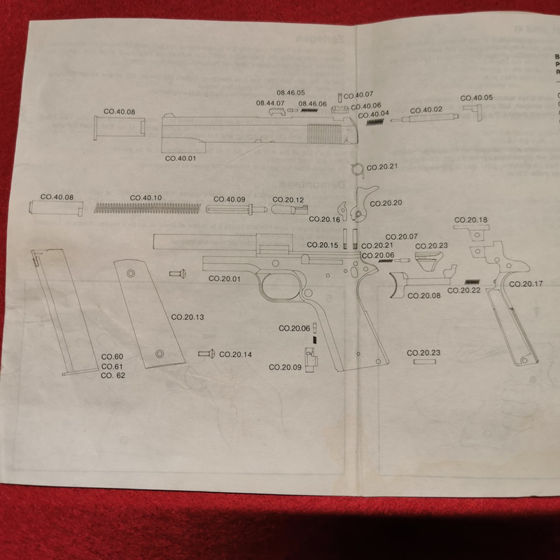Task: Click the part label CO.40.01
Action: [181, 159]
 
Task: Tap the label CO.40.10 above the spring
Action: [146, 198]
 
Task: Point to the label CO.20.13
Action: [188, 318]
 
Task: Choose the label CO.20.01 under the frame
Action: [225, 279]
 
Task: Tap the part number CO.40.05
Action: [476, 98]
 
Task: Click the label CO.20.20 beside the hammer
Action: [386, 204]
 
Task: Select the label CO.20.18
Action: [472, 221]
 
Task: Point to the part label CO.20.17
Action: [525, 283]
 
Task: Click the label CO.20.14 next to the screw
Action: [235, 354]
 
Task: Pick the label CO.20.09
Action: [285, 367]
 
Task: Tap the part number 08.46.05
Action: [290, 93]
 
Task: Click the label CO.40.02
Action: [426, 111]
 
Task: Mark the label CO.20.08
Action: [425, 296]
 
